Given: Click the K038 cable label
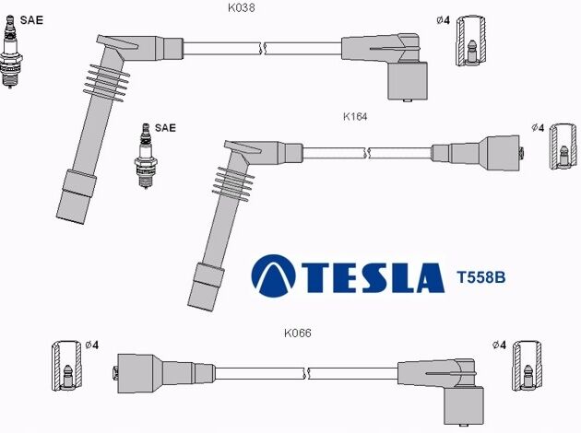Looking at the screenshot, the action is (242, 7).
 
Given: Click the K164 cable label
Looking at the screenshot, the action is (355, 117).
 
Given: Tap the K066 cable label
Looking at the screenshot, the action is (298, 334).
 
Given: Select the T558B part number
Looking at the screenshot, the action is (481, 277).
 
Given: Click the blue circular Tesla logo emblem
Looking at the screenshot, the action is (274, 275).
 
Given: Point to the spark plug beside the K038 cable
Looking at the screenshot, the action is (10, 52).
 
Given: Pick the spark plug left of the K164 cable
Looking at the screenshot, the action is (146, 156).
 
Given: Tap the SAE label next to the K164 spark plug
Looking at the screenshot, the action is (165, 128).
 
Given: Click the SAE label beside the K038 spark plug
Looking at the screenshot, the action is (31, 20).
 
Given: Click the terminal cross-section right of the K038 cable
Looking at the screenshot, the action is (470, 41).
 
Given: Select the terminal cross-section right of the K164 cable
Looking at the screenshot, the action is (563, 146).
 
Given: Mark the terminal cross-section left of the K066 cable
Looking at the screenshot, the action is (66, 366).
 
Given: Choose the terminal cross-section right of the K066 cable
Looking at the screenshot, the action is (527, 366).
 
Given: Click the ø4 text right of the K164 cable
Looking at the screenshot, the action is (538, 128).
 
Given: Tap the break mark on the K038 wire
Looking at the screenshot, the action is (263, 49).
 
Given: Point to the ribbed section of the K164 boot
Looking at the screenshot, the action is (233, 184).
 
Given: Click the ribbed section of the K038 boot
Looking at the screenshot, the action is (107, 83).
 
